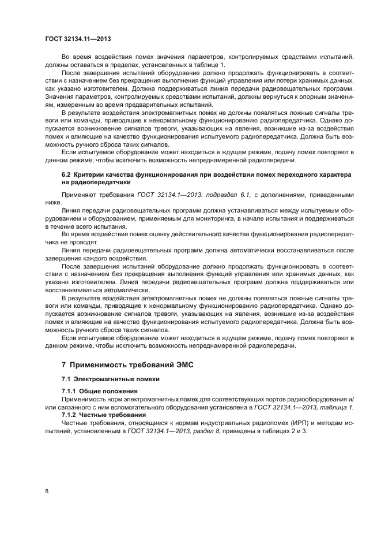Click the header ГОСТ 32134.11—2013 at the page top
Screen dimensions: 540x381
coord(77,39)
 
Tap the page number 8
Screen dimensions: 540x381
coord(46,491)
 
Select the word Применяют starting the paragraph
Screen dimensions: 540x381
coord(78,196)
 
